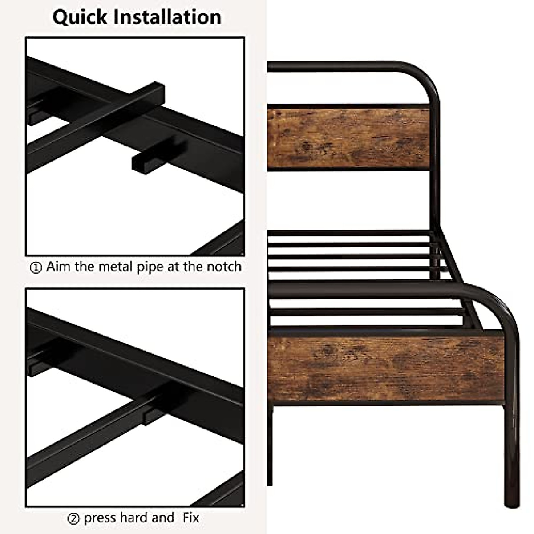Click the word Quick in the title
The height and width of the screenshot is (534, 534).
point(80,17)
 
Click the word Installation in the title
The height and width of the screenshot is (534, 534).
point(168,17)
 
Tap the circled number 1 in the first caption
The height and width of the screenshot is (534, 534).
point(36,268)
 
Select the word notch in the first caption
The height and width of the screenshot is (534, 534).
point(224,267)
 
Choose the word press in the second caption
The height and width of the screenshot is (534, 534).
point(100,518)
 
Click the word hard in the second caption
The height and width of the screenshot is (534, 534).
point(135,518)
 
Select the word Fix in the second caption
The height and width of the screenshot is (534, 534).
point(190,518)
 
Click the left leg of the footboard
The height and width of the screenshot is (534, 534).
point(270,445)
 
